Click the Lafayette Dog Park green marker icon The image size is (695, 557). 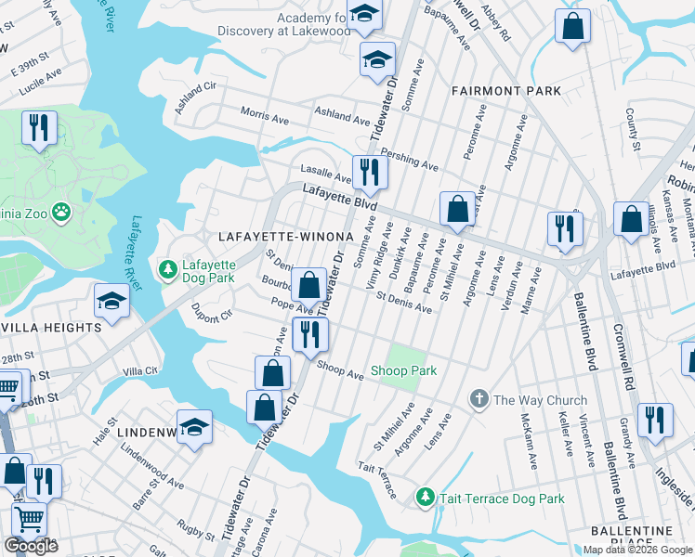(168, 270)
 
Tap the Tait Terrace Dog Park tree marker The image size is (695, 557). (425, 499)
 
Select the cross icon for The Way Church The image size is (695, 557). (479, 400)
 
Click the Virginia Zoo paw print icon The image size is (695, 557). (62, 213)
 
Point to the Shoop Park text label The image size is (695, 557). (404, 371)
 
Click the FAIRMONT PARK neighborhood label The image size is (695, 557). (506, 91)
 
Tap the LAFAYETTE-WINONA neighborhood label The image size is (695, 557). (285, 237)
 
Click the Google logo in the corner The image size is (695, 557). (31, 546)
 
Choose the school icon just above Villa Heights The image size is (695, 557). (111, 301)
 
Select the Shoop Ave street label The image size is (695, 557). (339, 369)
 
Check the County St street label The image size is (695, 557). (633, 129)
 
